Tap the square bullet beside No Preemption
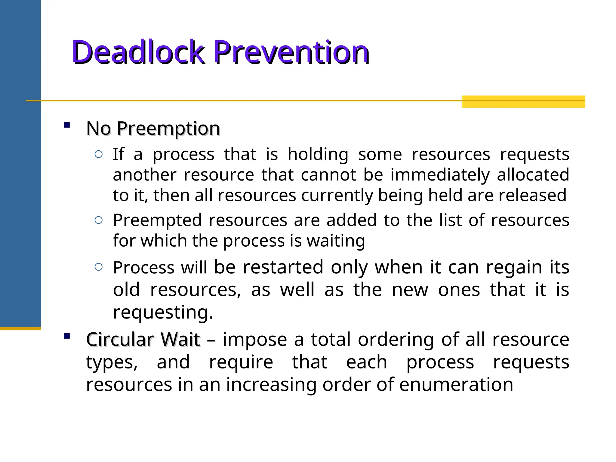coord(67,125)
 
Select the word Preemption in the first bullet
coord(168,129)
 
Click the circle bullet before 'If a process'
coord(99,154)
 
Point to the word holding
coord(318,155)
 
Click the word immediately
coord(440,175)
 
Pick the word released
coord(532,195)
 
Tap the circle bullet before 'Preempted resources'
coord(99,220)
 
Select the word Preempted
coord(157,220)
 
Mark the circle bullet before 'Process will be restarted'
coord(99,267)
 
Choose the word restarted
coord(283,267)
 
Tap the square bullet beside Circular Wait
coord(67,336)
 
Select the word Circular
coord(120,340)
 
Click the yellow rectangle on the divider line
coord(523,101)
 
